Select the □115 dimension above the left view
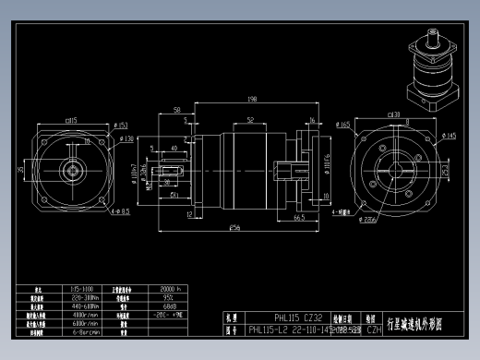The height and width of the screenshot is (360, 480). click(x=70, y=121)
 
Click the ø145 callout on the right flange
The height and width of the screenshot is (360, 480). click(x=450, y=137)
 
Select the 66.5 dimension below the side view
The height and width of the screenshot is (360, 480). click(x=300, y=218)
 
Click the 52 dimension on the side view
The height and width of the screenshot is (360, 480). click(x=250, y=120)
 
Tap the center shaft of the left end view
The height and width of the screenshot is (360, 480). click(x=70, y=172)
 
